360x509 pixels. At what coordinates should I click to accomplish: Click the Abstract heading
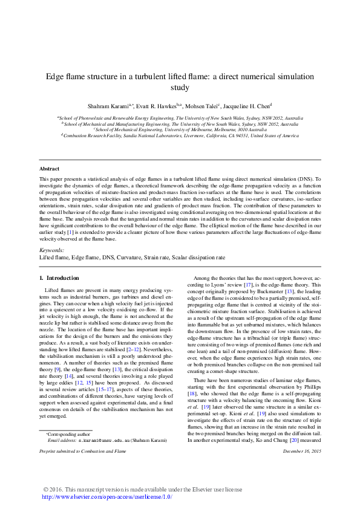pyautogui.click(x=49, y=169)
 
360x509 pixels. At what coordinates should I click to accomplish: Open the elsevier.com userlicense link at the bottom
pyautogui.click(x=106, y=497)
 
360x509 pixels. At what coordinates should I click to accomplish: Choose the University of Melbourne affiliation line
pyautogui.click(x=180, y=129)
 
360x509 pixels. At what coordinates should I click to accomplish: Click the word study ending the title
pyautogui.click(x=180, y=87)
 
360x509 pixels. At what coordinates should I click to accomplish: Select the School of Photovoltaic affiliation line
pyautogui.click(x=180, y=118)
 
